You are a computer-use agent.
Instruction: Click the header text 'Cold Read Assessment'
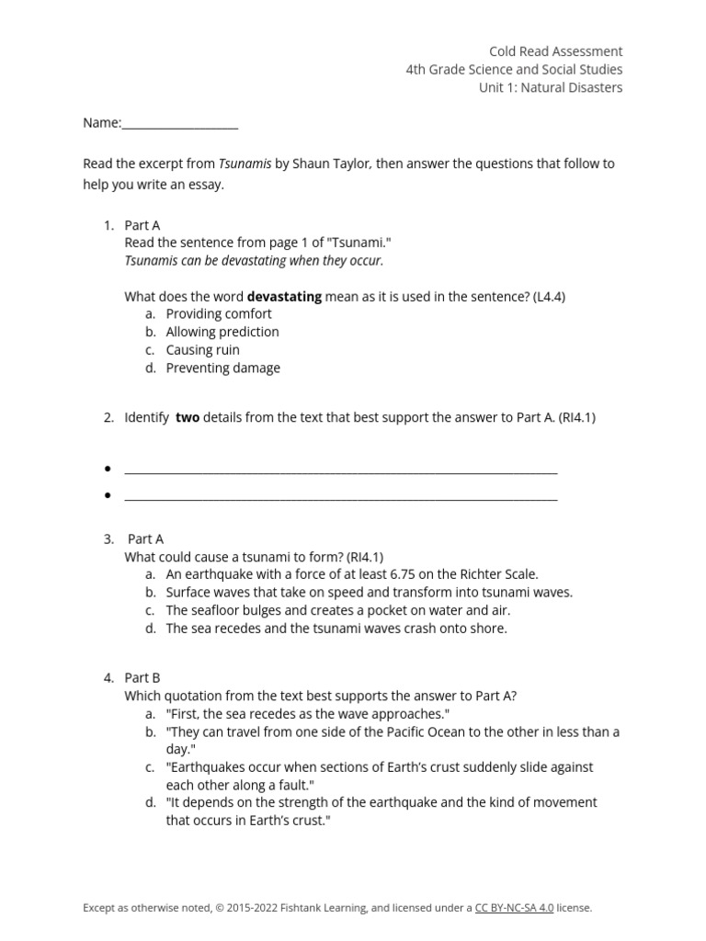(555, 51)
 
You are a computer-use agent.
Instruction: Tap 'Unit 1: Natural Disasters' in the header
(551, 88)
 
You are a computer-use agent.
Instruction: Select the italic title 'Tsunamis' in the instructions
(245, 164)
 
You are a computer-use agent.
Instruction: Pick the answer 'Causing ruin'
(202, 350)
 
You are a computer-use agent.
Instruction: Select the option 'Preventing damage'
(222, 368)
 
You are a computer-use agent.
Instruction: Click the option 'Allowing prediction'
(222, 332)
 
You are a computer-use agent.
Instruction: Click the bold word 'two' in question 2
(188, 417)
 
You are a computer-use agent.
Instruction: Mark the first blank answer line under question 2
(340, 470)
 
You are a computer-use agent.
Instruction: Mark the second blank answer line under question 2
(340, 497)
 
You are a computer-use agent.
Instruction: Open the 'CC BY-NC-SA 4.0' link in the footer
(514, 908)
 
